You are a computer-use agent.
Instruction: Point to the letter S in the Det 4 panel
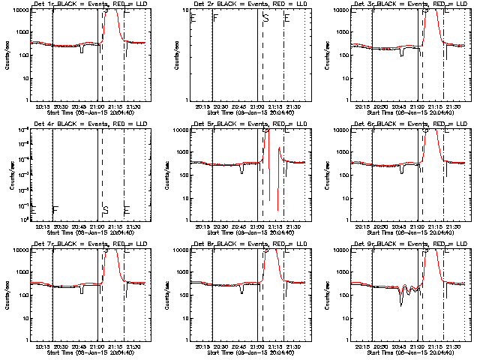pos(105,210)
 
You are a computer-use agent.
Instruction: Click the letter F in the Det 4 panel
pos(55,210)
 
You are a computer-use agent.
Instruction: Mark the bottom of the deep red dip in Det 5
pos(277,210)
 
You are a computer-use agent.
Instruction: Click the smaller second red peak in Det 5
pos(280,148)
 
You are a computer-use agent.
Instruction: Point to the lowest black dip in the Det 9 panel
pos(401,304)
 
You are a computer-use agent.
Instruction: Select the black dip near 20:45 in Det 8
pos(241,292)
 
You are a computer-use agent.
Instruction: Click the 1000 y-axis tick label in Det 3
pos(343,33)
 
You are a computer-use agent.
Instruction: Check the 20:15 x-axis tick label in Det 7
pos(43,346)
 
